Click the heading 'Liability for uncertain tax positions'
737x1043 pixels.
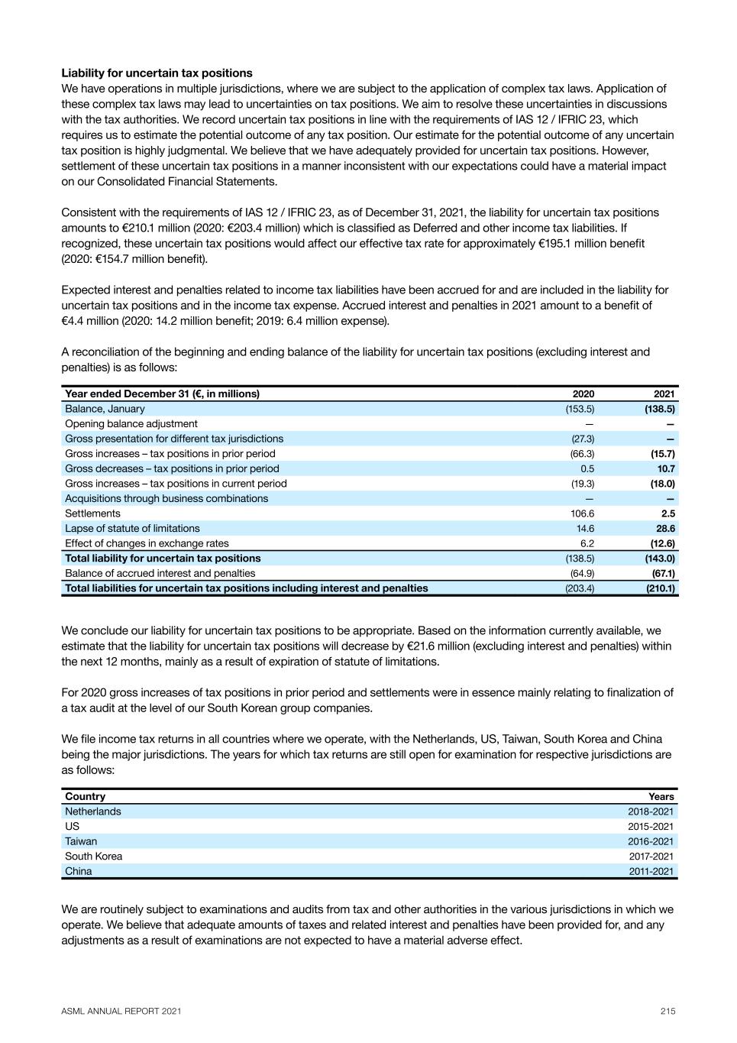[x=157, y=73]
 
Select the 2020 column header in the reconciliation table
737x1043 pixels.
[x=583, y=394]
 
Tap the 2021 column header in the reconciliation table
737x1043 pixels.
[x=664, y=394]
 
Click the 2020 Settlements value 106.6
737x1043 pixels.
[x=582, y=513]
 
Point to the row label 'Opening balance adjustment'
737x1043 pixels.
[x=131, y=424]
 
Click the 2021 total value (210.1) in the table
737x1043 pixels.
[x=661, y=588]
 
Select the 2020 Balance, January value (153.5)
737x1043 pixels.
[x=580, y=409]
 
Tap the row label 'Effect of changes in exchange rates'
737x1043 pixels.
[x=147, y=543]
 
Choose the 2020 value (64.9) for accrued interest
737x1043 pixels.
[x=582, y=573]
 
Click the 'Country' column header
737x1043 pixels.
[x=85, y=796]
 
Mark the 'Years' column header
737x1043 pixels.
[x=661, y=796]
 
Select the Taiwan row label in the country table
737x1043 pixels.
[x=81, y=841]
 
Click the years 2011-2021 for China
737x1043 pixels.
[x=651, y=871]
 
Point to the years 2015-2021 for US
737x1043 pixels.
[x=651, y=827]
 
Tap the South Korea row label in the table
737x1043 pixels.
[x=93, y=857]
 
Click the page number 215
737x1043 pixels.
[x=668, y=1011]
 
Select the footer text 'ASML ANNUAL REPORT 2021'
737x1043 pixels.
[x=121, y=1011]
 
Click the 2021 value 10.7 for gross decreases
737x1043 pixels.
[x=666, y=468]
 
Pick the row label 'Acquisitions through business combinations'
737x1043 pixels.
[x=166, y=498]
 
